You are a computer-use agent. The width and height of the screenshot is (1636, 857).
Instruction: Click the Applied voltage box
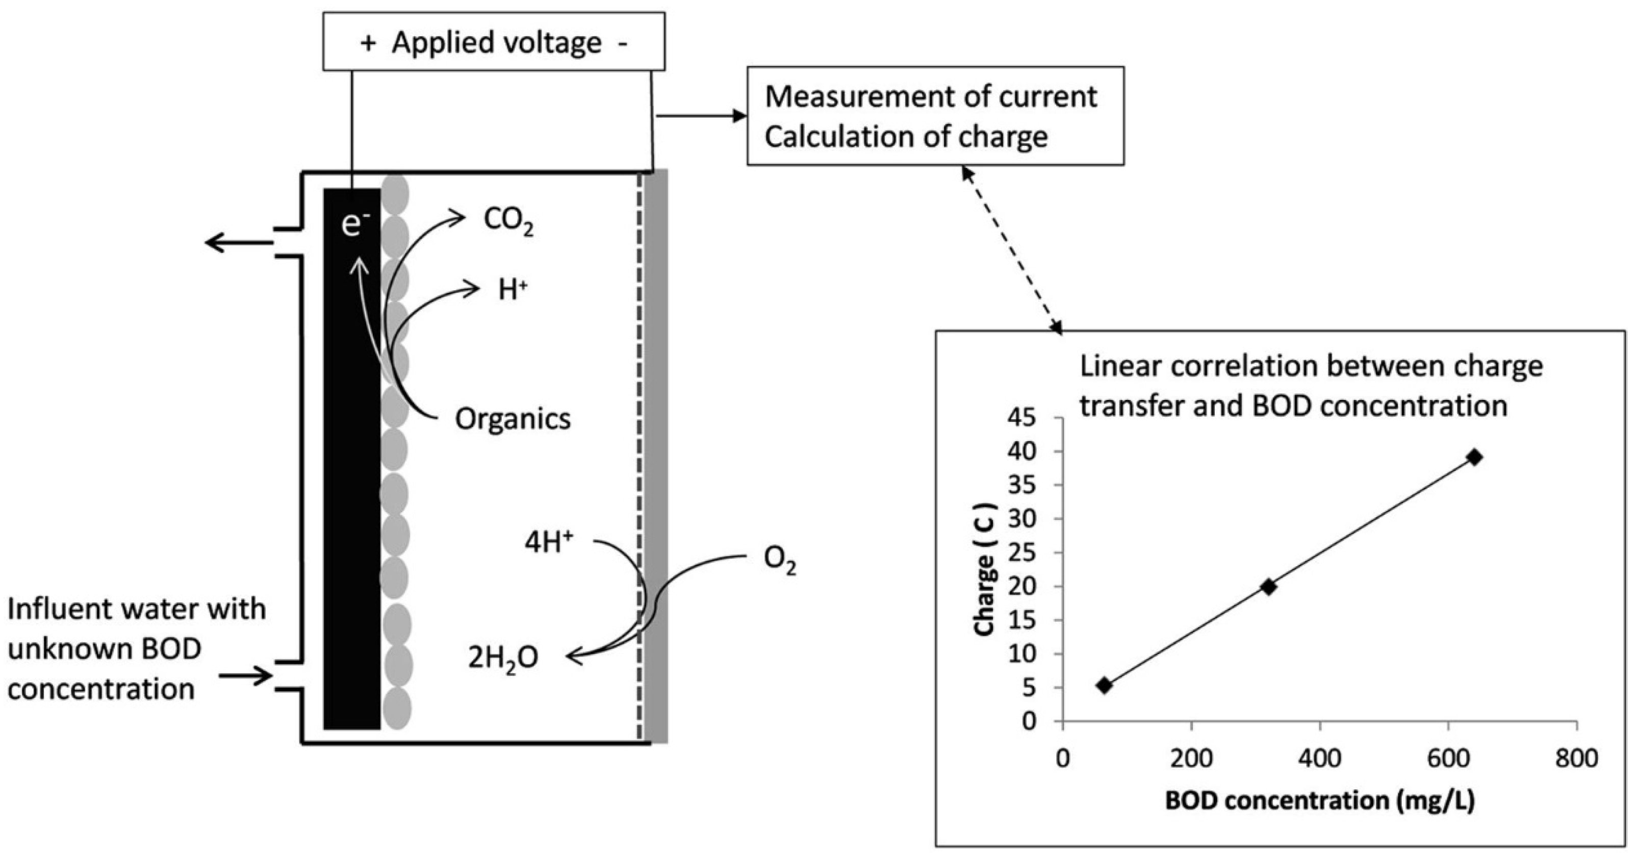tap(494, 42)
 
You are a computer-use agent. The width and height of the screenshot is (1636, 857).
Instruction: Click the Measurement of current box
tap(934, 116)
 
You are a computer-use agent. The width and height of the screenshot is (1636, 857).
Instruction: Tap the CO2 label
tap(508, 220)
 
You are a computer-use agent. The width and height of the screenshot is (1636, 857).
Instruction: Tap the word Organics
tap(513, 419)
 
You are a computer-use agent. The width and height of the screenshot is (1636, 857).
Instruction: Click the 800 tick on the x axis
tap(1577, 759)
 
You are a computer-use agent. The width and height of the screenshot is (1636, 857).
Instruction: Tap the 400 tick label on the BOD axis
tap(1320, 759)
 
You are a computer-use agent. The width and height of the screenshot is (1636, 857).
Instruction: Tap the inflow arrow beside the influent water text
tap(246, 675)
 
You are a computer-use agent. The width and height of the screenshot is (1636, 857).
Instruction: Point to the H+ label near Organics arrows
tap(513, 290)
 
